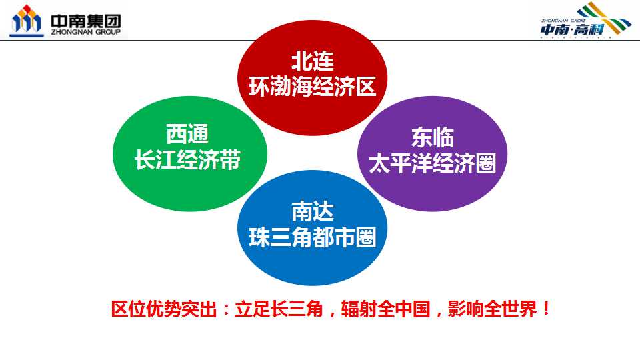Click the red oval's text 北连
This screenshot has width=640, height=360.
[312, 61]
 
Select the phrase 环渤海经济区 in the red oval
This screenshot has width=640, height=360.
[312, 87]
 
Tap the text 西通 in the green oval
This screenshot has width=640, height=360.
[187, 134]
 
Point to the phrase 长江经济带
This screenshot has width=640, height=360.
[187, 159]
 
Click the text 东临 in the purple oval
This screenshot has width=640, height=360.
[432, 137]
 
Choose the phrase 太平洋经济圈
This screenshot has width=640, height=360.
[432, 163]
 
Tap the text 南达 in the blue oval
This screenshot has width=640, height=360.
[312, 211]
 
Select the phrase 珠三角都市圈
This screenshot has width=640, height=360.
[312, 237]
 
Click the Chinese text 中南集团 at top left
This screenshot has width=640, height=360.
[86, 21]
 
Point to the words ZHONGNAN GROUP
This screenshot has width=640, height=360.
[86, 32]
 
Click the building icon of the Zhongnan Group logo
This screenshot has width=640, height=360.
[27, 21]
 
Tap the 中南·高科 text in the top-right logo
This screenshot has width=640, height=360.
[572, 29]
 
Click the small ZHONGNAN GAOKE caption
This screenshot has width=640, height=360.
[564, 21]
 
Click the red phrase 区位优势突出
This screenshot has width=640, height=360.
[164, 309]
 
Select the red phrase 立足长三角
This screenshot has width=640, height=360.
[279, 309]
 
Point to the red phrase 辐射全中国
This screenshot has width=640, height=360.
[386, 309]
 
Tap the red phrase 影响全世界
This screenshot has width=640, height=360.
[492, 309]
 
